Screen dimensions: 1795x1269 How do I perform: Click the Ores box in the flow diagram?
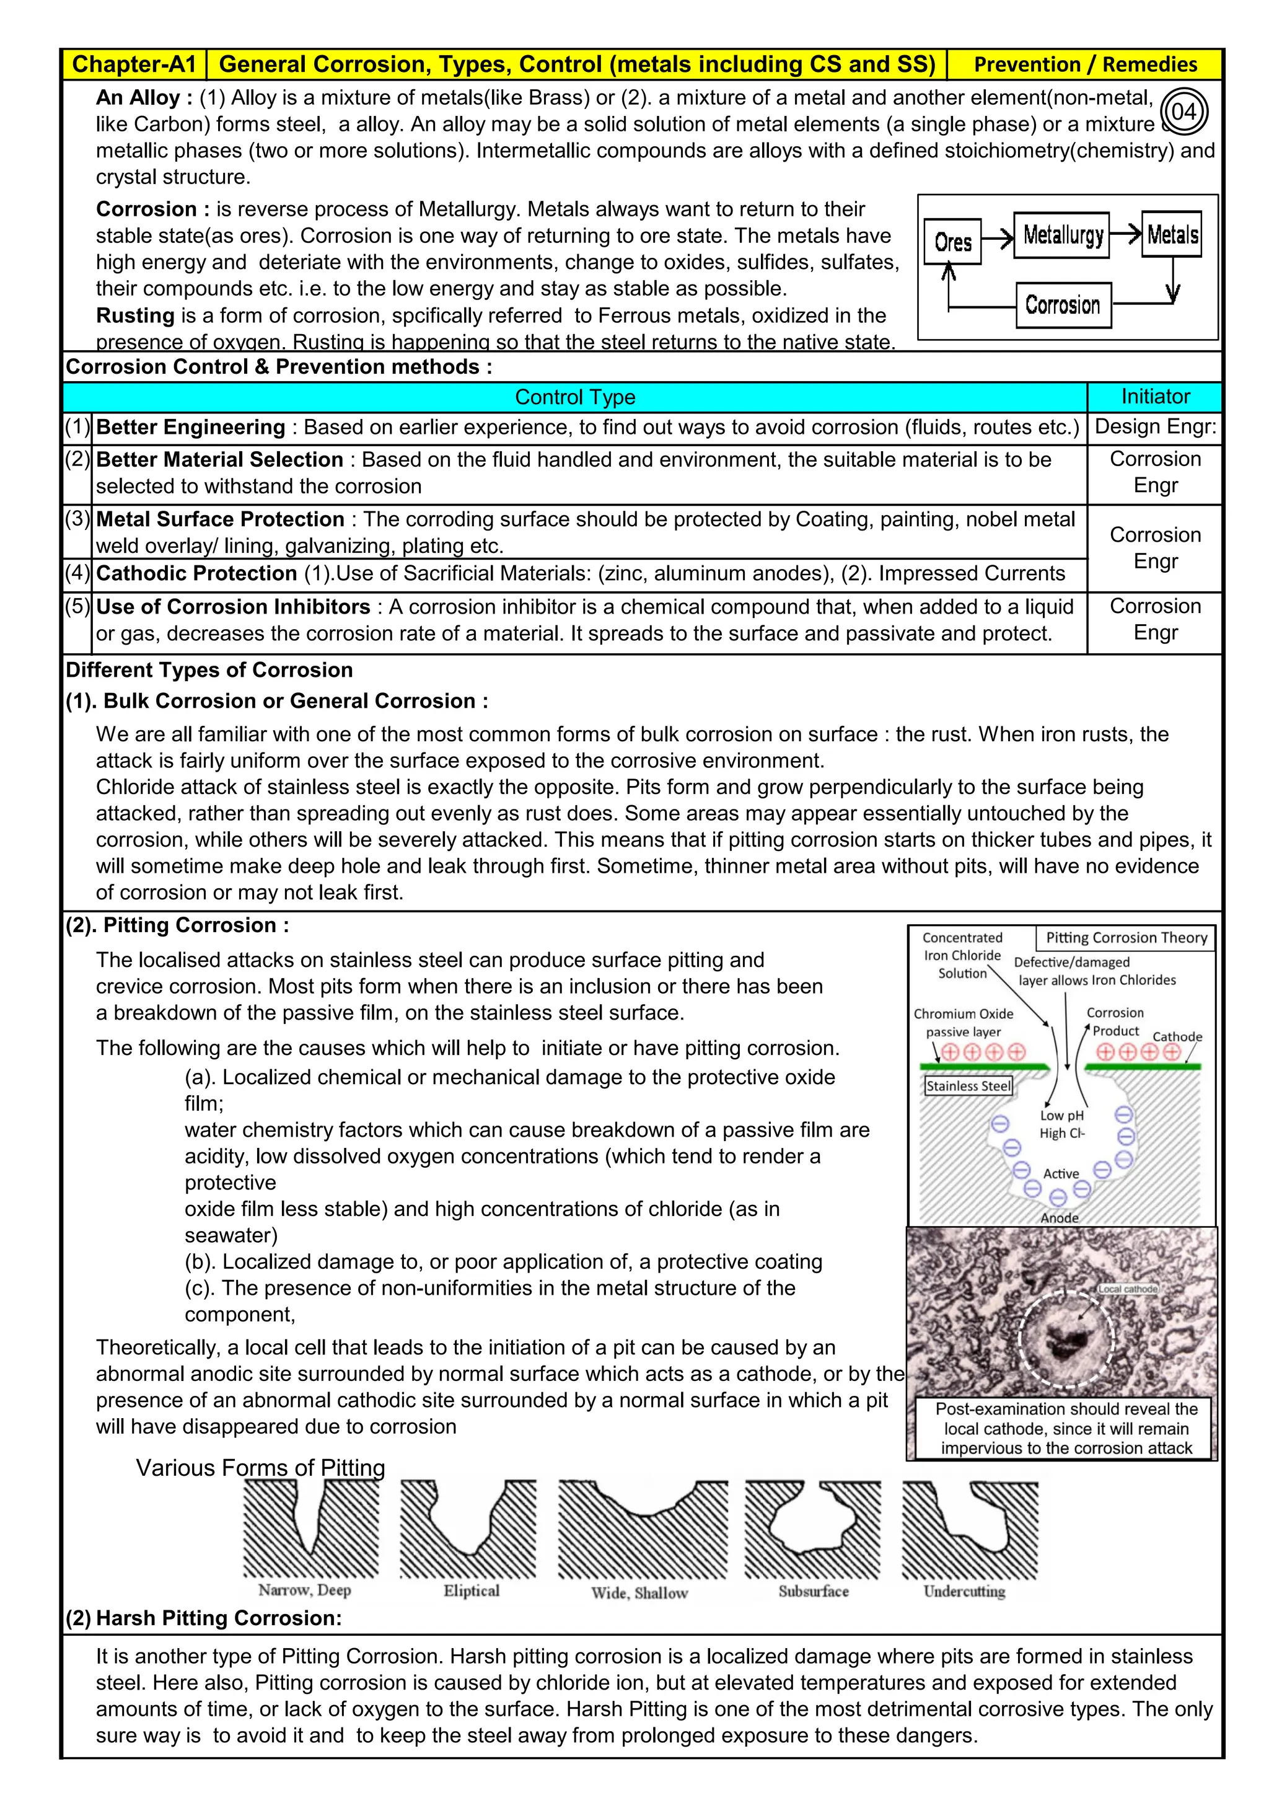click(x=952, y=242)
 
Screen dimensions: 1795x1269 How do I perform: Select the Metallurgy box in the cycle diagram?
click(x=1061, y=234)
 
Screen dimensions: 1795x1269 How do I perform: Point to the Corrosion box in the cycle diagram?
click(x=1063, y=305)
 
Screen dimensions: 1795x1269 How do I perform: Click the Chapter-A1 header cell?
click(x=134, y=64)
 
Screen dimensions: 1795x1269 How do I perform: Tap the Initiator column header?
click(x=1155, y=396)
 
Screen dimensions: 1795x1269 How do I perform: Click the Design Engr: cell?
click(x=1155, y=427)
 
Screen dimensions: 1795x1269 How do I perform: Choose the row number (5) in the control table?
click(x=77, y=607)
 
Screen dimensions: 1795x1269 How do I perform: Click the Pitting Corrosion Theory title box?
click(x=1126, y=937)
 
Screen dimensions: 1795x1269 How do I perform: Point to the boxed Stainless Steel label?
click(x=968, y=1086)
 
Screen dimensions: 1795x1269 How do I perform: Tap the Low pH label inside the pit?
click(x=1062, y=1116)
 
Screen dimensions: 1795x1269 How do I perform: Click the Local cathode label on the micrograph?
click(x=1128, y=1289)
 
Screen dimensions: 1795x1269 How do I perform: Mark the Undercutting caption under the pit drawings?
click(x=964, y=1591)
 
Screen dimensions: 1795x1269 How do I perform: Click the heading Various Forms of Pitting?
click(x=260, y=1468)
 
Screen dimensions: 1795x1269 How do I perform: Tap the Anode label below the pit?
click(x=1059, y=1217)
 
